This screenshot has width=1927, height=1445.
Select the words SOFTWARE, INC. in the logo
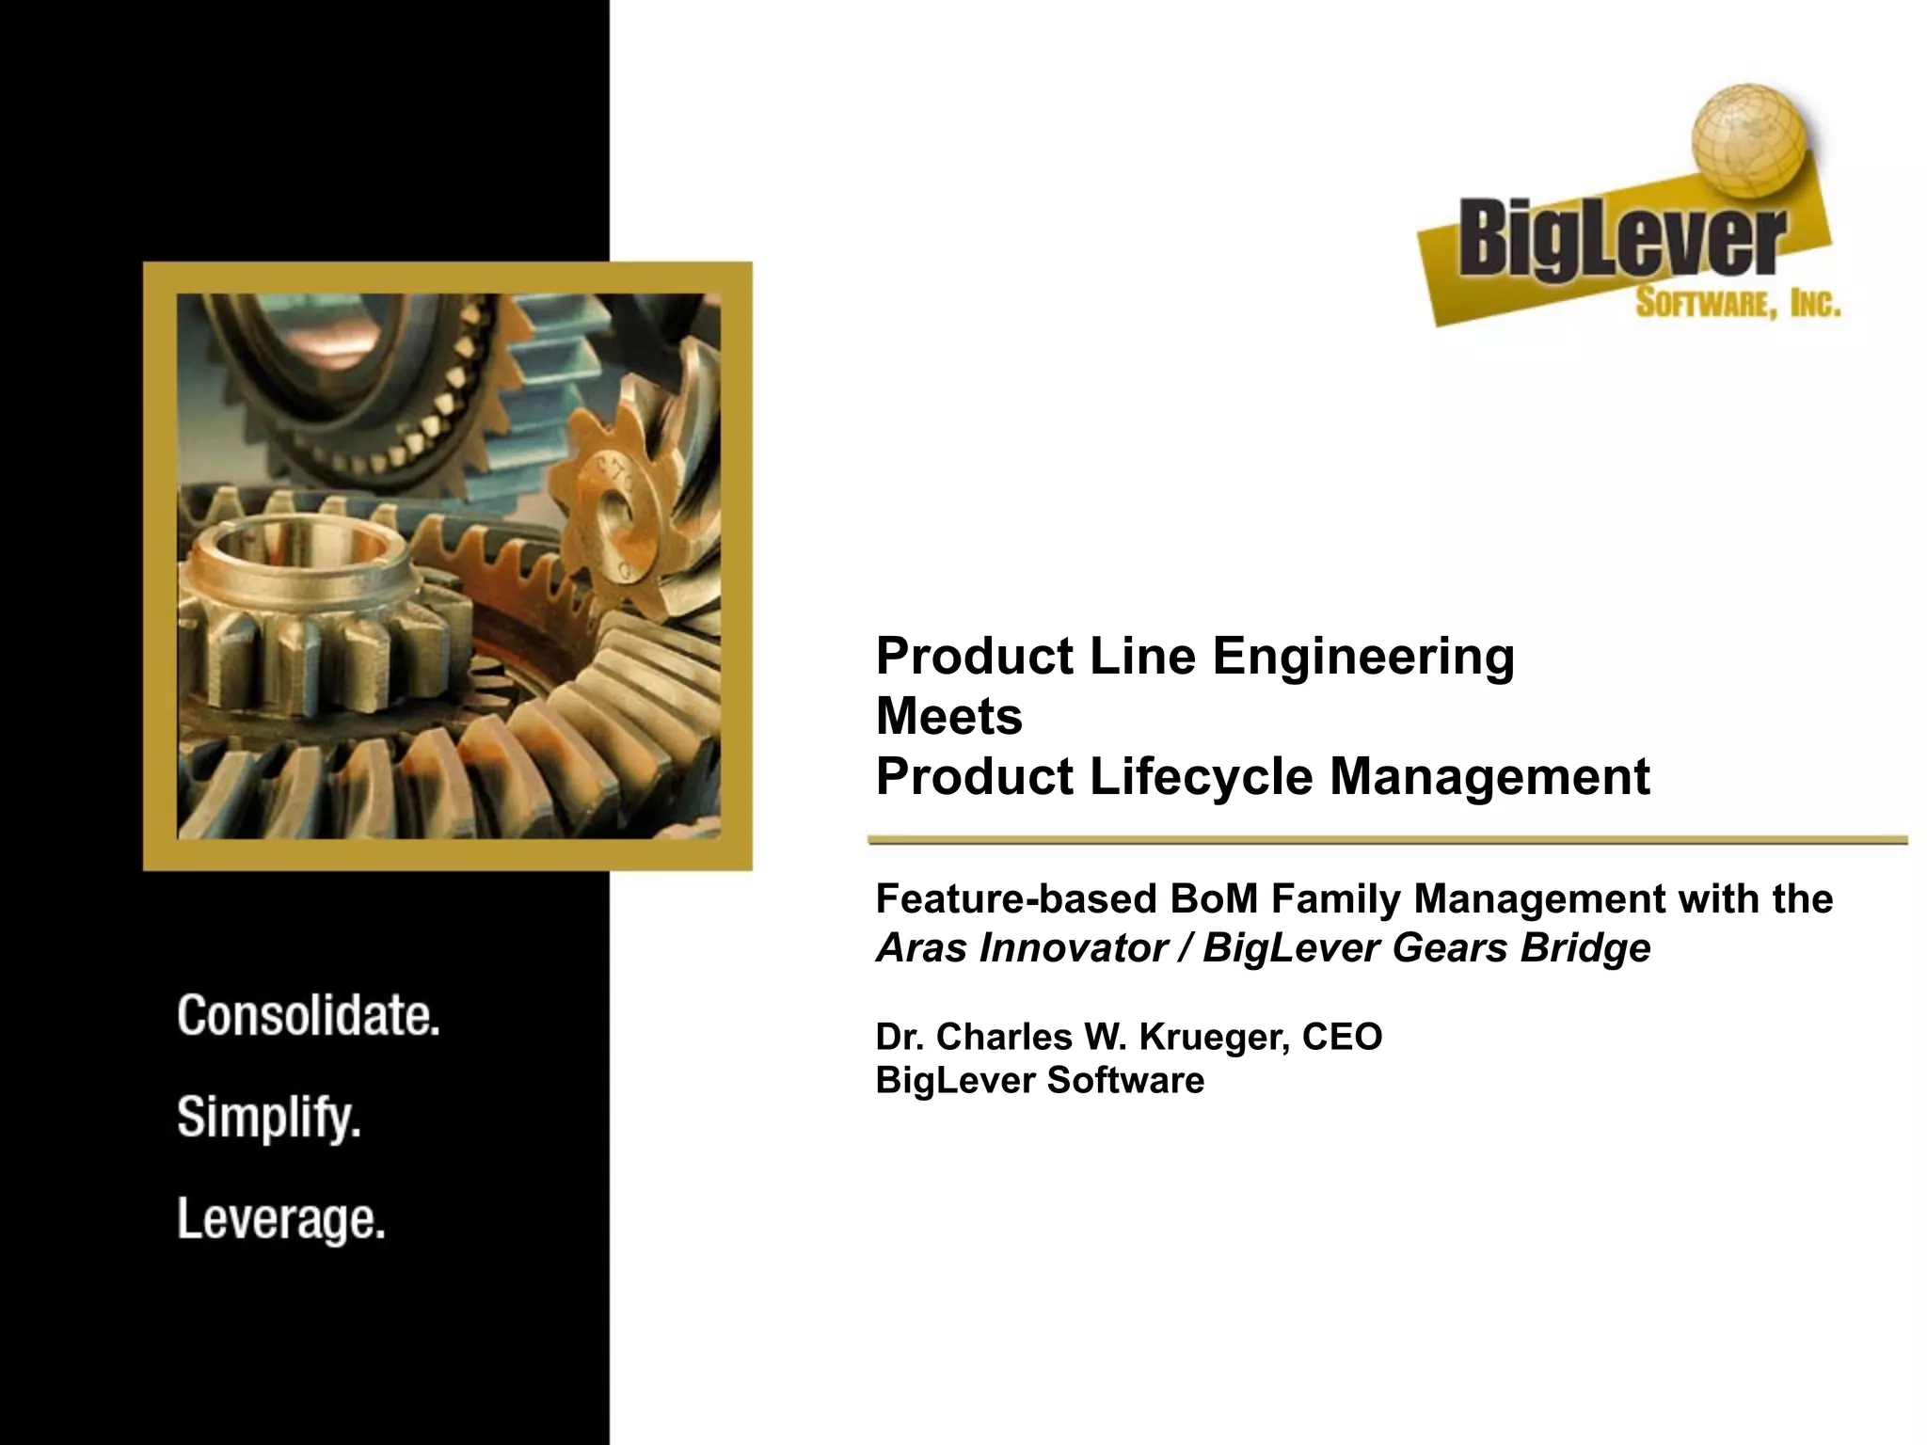pos(1737,304)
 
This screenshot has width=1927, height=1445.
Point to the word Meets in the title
pos(948,717)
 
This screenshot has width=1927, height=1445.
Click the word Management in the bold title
pos(1490,777)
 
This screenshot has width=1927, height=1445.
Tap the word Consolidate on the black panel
pos(309,1017)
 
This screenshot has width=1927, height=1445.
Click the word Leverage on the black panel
pos(281,1220)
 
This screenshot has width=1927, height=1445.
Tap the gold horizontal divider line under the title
pos(1388,840)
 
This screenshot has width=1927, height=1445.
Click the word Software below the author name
pos(1124,1080)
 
